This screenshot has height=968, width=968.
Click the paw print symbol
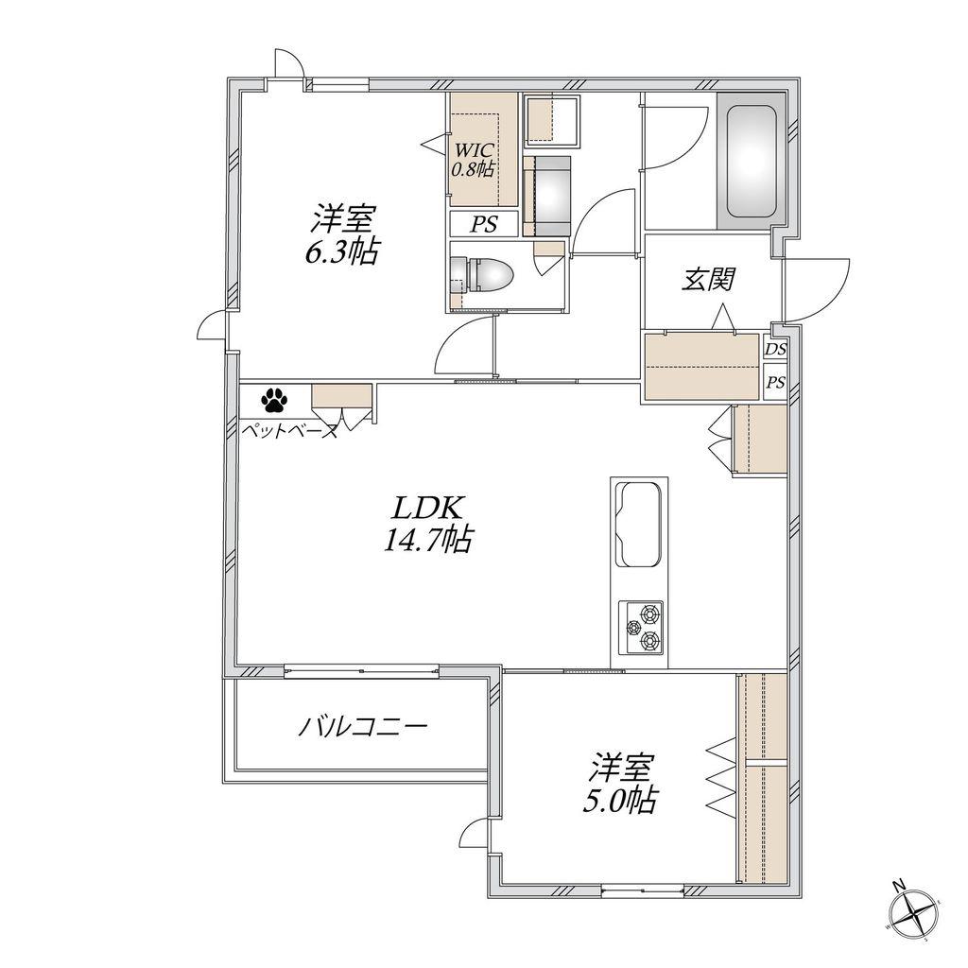275,400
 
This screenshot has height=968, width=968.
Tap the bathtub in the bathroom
750,162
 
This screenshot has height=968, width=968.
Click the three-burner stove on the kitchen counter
642,628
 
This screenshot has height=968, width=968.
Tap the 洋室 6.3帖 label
342,234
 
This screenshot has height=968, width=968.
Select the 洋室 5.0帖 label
620,784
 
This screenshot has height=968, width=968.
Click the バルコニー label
362,727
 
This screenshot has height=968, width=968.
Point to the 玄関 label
708,279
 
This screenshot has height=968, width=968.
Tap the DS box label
776,350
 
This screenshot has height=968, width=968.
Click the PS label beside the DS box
776,382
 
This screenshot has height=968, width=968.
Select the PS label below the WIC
484,224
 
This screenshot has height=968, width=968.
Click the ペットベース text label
289,430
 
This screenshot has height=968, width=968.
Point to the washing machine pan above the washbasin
551,121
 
